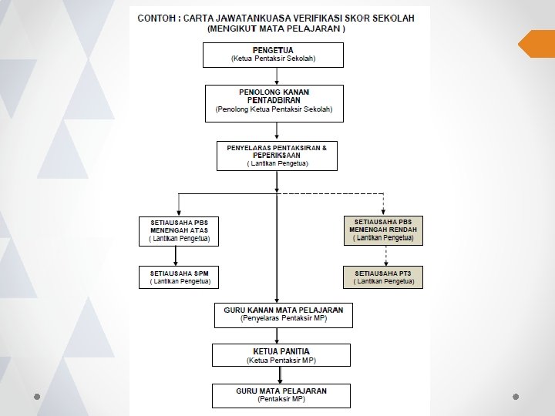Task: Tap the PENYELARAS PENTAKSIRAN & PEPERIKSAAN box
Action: (x=277, y=155)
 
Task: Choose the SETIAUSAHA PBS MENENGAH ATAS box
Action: (x=179, y=231)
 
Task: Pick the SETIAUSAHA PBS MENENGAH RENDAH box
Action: (x=383, y=230)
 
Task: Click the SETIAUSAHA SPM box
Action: (x=179, y=277)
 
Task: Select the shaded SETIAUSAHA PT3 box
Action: (x=383, y=277)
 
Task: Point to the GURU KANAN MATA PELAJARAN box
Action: (x=283, y=314)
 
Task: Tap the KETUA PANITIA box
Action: (x=281, y=355)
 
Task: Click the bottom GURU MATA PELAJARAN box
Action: (x=281, y=395)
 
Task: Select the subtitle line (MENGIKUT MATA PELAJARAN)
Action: (x=277, y=29)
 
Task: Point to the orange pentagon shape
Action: (x=536, y=43)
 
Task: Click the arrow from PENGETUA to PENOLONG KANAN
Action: (x=277, y=75)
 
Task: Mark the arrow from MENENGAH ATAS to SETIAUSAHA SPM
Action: (x=179, y=256)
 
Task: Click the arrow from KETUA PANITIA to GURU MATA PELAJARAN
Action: (x=281, y=375)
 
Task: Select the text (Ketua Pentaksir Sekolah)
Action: (x=273, y=59)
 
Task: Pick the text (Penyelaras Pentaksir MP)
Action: (x=283, y=318)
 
